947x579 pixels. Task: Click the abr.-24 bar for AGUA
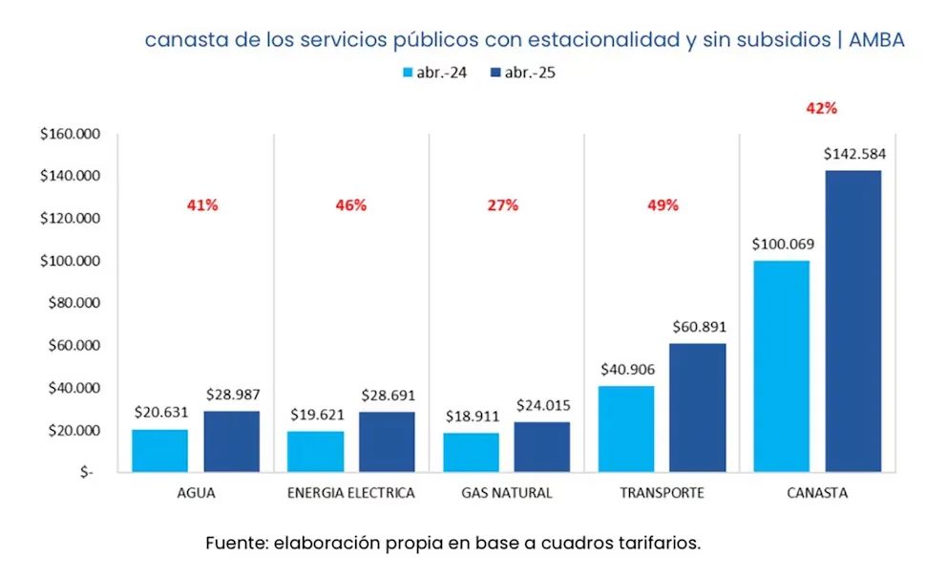[159, 450]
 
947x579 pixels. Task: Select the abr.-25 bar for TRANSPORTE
[697, 407]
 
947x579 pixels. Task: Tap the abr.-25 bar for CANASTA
[852, 321]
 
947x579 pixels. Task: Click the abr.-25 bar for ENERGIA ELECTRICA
[387, 441]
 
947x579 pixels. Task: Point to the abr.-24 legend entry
[435, 73]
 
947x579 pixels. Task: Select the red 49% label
[662, 205]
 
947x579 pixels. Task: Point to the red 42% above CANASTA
[821, 109]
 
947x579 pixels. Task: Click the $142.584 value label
[852, 154]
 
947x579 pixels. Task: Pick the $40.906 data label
[626, 369]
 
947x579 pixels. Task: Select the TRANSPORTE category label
[662, 493]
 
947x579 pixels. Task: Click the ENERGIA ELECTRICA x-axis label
[350, 493]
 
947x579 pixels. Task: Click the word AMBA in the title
[876, 40]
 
